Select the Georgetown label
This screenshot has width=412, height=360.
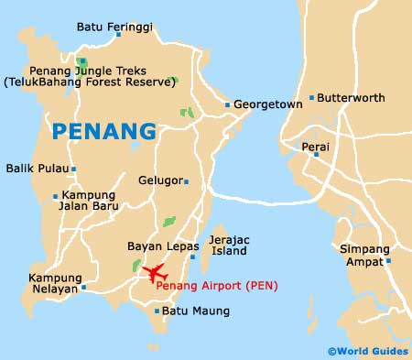tap(268, 105)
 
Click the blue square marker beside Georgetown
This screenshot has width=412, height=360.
tap(227, 105)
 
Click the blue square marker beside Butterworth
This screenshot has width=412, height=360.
tap(311, 97)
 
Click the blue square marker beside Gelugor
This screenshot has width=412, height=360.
tap(186, 181)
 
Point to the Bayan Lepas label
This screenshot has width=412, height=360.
tap(152, 245)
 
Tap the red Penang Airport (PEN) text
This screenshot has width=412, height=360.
tap(217, 286)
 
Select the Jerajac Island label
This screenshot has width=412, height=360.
tap(231, 245)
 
